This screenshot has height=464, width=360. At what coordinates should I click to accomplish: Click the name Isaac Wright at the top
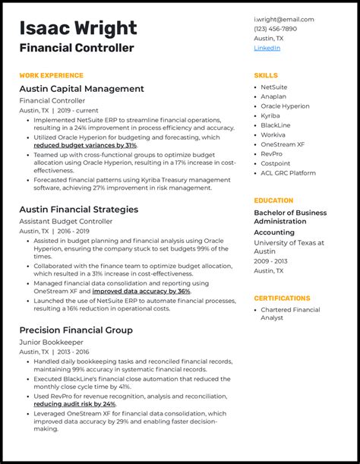[78, 29]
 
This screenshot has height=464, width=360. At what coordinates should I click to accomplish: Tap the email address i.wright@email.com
[283, 19]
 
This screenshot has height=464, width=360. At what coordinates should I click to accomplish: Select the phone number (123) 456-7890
[275, 29]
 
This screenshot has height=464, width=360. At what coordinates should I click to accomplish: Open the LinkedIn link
[267, 48]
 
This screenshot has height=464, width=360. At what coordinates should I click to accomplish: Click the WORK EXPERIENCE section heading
[51, 76]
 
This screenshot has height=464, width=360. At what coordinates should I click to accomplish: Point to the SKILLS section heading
[266, 76]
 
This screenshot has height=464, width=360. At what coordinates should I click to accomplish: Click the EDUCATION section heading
[273, 200]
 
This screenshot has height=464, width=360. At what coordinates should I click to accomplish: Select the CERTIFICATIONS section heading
[282, 298]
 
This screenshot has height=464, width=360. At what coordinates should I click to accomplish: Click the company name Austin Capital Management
[81, 89]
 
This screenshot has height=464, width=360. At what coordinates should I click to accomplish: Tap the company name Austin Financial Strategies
[79, 209]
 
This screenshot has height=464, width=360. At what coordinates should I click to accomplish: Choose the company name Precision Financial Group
[76, 330]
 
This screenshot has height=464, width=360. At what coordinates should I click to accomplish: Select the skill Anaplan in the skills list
[273, 96]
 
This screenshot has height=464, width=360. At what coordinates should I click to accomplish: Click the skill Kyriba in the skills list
[270, 115]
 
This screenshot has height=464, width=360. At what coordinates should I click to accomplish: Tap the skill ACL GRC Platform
[288, 172]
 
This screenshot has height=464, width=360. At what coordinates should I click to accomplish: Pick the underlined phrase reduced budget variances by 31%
[85, 145]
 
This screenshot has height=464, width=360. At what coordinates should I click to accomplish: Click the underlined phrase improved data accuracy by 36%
[141, 291]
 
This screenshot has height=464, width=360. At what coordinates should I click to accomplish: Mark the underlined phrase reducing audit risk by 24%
[74, 404]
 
